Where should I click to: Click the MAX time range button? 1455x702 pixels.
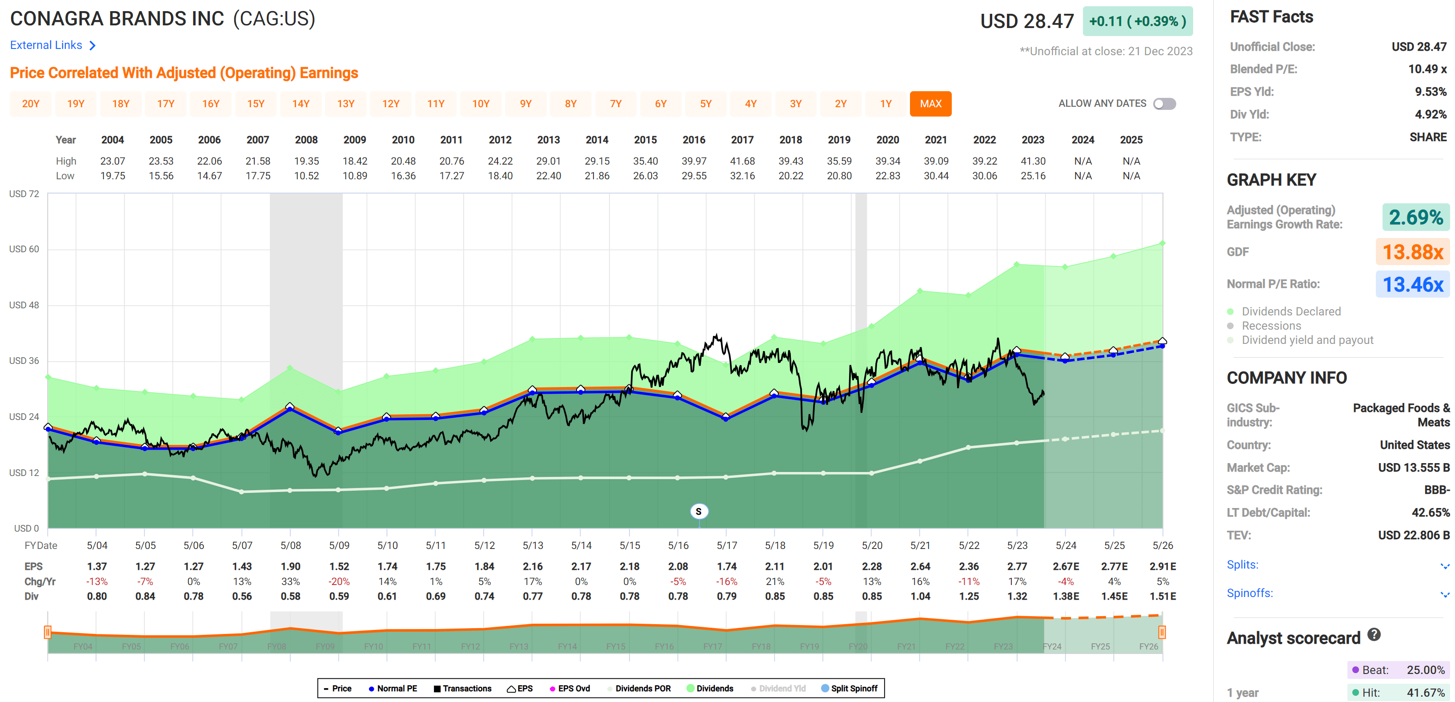click(x=930, y=104)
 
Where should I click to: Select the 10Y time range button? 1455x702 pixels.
click(x=481, y=104)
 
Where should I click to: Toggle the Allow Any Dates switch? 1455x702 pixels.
click(x=1164, y=104)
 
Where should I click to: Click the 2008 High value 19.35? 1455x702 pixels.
click(x=306, y=161)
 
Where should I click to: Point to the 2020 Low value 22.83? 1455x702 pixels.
click(x=887, y=176)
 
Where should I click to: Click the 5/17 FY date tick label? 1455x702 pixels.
click(x=726, y=545)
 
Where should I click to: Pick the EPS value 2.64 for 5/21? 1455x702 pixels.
click(x=920, y=566)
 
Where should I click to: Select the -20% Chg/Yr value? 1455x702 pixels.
click(x=339, y=581)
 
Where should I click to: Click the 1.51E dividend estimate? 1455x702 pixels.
click(x=1162, y=596)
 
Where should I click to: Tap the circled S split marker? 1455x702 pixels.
click(x=699, y=512)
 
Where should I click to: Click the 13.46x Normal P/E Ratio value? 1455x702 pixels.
click(x=1413, y=284)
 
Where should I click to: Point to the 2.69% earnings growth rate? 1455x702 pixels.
click(x=1415, y=217)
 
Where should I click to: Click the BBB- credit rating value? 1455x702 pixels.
click(x=1436, y=490)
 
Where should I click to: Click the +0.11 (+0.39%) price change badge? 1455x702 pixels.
click(x=1137, y=21)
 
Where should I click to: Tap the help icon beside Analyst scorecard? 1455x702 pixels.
click(x=1374, y=635)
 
